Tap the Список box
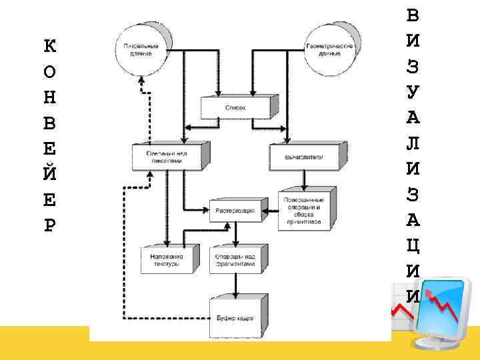pyautogui.click(x=235, y=107)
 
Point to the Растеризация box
pyautogui.click(x=234, y=211)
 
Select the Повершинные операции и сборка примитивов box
pyautogui.click(x=303, y=211)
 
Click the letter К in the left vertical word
pyautogui.click(x=49, y=47)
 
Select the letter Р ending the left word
pyautogui.click(x=49, y=225)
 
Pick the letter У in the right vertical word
pyautogui.click(x=413, y=91)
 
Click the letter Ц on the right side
pyautogui.click(x=413, y=245)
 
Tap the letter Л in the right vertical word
pyautogui.click(x=413, y=143)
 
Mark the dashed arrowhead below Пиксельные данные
pyautogui.click(x=141, y=81)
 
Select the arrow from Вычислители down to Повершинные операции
pyautogui.click(x=303, y=179)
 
